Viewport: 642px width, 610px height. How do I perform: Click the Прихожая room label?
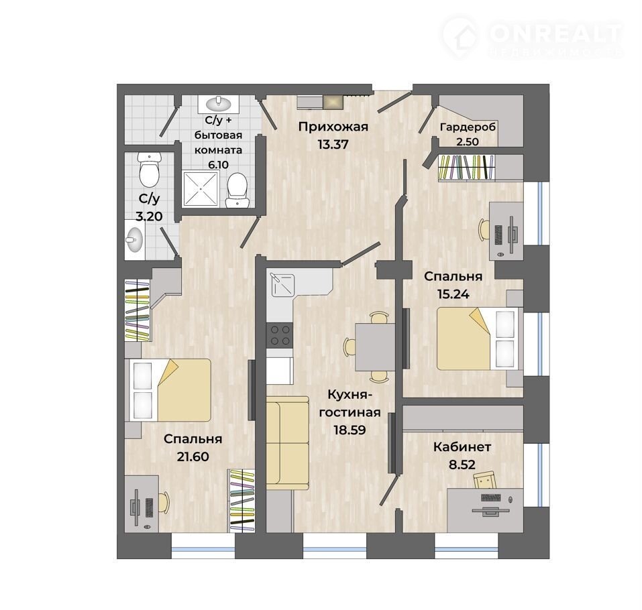click(333, 127)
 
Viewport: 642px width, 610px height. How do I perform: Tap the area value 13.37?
click(333, 144)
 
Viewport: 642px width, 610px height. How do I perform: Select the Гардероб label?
click(468, 127)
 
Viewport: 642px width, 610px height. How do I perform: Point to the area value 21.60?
click(193, 456)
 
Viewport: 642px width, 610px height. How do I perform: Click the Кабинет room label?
click(462, 447)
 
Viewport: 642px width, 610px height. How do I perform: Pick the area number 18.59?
click(350, 430)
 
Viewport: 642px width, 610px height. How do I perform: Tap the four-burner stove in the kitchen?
click(280, 335)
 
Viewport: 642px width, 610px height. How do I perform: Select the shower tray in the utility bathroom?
click(200, 188)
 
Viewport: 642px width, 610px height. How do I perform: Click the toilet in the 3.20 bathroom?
click(149, 170)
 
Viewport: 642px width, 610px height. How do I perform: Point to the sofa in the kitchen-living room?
click(287, 442)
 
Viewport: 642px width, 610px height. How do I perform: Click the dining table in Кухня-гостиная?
click(375, 347)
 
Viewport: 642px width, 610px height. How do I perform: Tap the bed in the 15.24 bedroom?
click(478, 339)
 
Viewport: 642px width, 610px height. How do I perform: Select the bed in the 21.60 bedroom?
click(170, 390)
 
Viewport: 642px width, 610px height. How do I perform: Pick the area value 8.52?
click(462, 465)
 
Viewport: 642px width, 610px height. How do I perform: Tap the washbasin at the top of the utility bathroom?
click(219, 104)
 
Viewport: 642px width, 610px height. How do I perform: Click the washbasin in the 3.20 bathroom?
click(134, 240)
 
